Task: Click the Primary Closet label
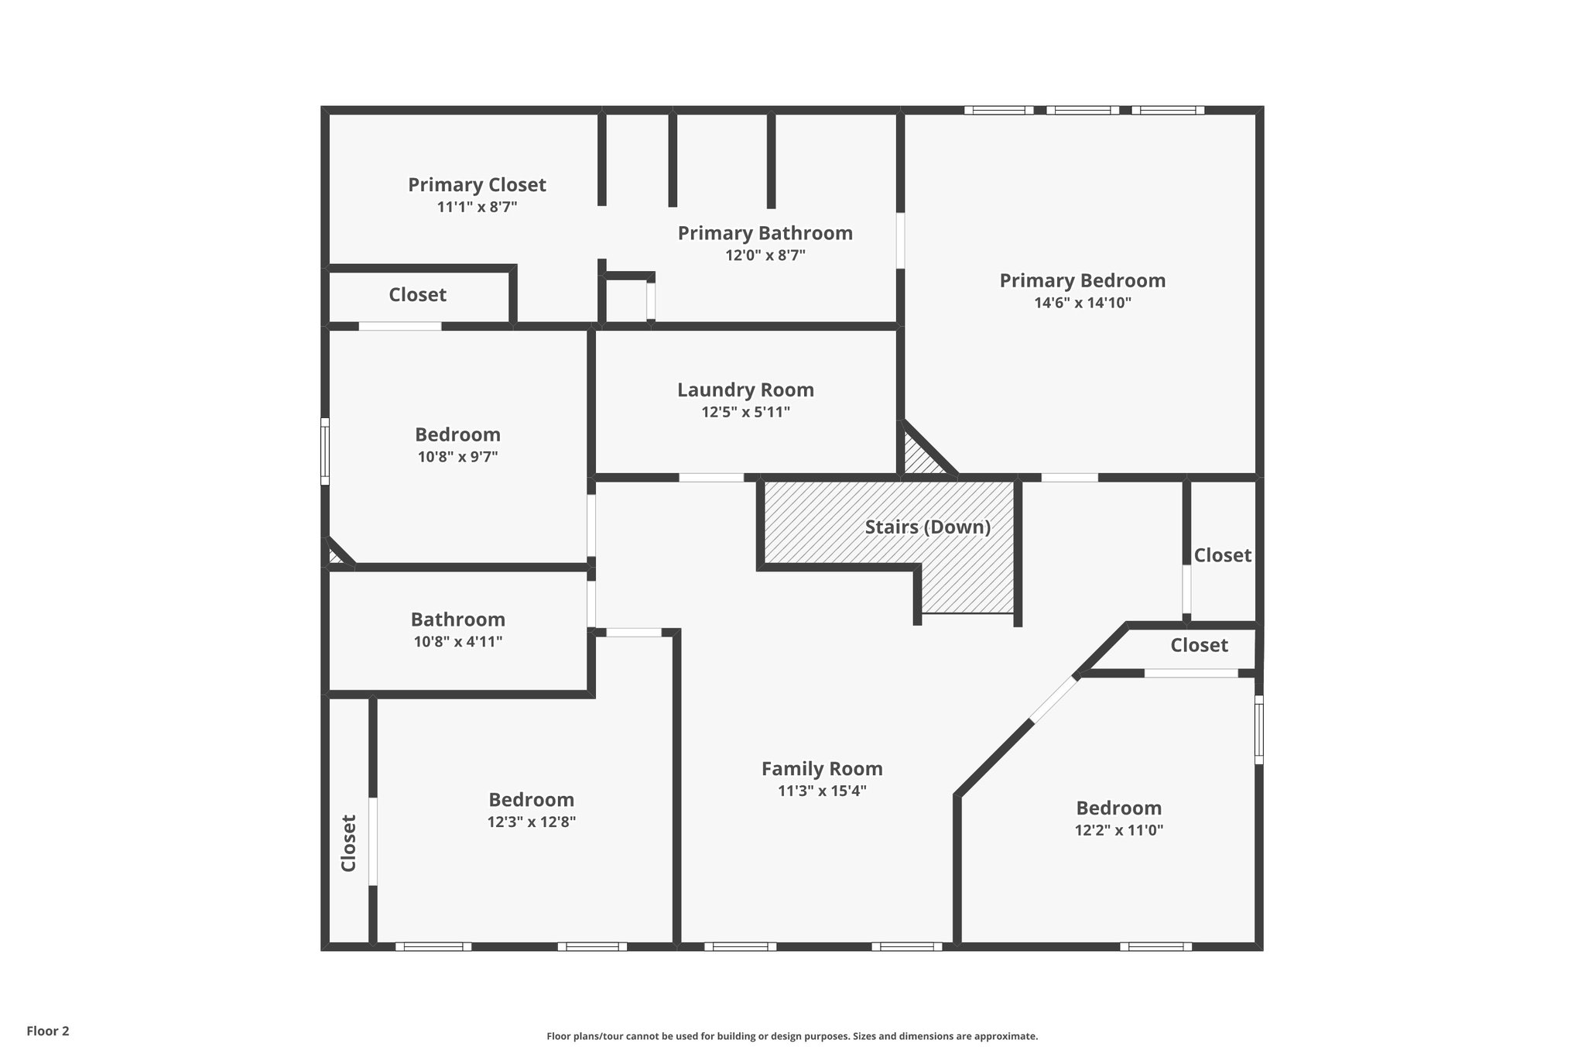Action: point(477,185)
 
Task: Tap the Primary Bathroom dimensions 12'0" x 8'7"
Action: point(765,256)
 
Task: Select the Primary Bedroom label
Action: point(1082,280)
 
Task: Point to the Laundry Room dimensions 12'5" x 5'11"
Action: point(745,412)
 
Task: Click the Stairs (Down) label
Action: point(927,527)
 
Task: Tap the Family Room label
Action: point(822,769)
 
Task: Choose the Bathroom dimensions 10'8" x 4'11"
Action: point(457,641)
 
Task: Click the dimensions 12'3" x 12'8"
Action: point(531,822)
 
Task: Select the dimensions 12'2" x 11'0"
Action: point(1118,830)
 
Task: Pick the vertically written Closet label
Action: point(348,843)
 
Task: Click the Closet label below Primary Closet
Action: point(417,295)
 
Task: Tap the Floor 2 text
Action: point(48,1031)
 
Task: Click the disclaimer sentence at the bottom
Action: point(792,1036)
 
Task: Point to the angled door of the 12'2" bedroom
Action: point(1053,699)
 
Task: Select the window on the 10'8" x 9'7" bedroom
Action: point(325,451)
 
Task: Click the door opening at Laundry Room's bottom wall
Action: point(711,477)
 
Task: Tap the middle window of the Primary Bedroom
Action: point(1082,110)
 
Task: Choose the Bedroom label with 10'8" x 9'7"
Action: point(457,434)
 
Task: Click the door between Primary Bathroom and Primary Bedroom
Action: point(900,240)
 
